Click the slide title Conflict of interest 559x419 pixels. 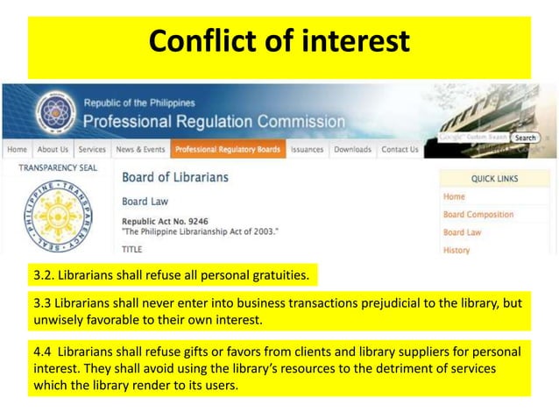(x=279, y=40)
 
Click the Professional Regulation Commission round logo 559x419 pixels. (x=57, y=113)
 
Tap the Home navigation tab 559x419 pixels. (x=17, y=150)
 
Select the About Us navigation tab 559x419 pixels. (x=53, y=150)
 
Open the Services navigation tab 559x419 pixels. (x=92, y=150)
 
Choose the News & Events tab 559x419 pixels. (x=140, y=150)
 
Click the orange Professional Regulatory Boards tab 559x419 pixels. (x=227, y=150)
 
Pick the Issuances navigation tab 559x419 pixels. (x=307, y=150)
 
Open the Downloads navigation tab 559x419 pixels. (x=352, y=150)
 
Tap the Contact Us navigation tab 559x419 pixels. (x=400, y=150)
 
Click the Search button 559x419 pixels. (x=525, y=138)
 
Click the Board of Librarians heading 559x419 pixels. (x=175, y=177)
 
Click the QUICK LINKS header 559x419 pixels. (x=494, y=179)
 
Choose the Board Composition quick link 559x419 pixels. (x=478, y=215)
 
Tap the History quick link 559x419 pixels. (x=456, y=250)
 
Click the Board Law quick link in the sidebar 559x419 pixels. (x=462, y=232)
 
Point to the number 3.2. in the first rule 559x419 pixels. (x=44, y=277)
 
